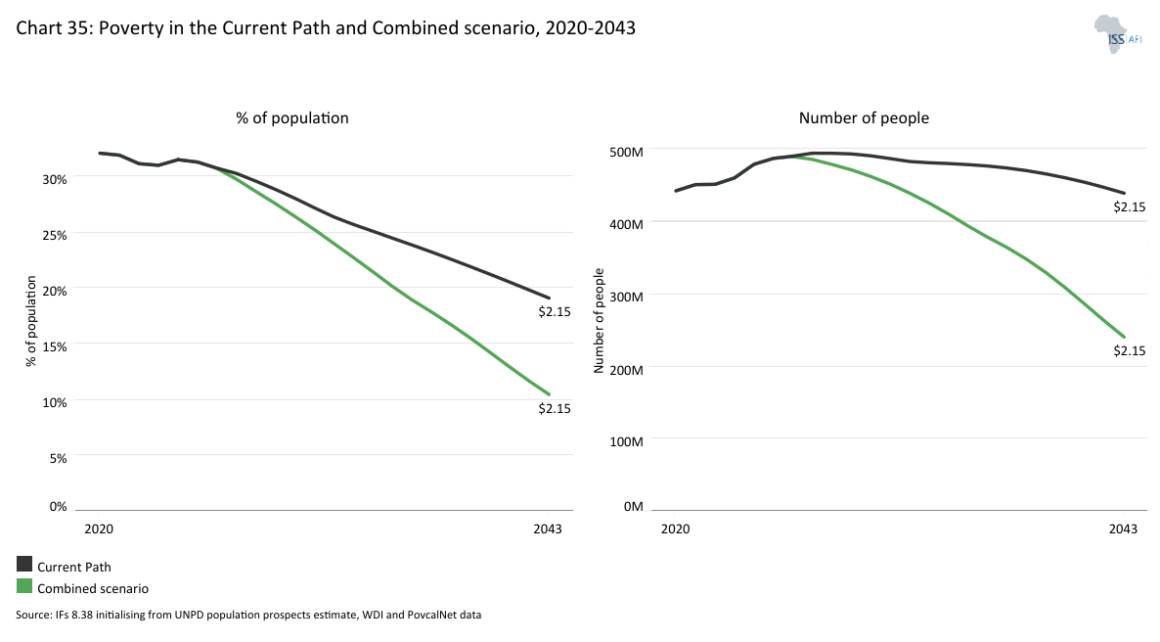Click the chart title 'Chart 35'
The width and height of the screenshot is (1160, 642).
click(326, 28)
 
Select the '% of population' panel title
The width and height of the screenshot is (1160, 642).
click(291, 117)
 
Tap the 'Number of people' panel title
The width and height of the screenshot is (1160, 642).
click(864, 117)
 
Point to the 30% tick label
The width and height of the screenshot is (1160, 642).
click(53, 179)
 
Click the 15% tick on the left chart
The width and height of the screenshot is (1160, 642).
click(53, 346)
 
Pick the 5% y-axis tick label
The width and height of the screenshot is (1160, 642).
click(56, 458)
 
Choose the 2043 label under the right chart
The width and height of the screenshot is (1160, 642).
click(1123, 528)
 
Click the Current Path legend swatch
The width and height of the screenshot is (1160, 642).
click(24, 565)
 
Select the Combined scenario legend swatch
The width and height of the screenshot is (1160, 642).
click(24, 587)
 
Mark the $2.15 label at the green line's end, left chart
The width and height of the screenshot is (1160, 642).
click(554, 408)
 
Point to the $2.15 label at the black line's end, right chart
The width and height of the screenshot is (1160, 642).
click(1129, 206)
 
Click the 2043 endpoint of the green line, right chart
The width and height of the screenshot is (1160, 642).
click(1124, 337)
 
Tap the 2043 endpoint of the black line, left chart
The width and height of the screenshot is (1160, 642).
click(549, 298)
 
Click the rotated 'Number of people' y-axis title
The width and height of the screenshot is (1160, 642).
click(600, 320)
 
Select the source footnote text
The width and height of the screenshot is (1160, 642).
click(248, 616)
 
